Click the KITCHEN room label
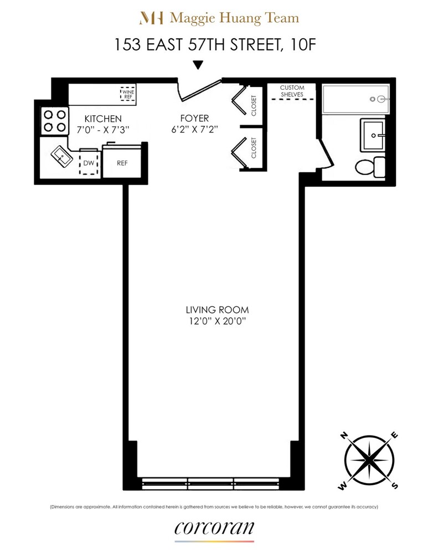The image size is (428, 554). (x=102, y=119)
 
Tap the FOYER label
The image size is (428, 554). (x=194, y=119)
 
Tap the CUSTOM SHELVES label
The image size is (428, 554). (x=292, y=91)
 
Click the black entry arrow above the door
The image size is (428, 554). (x=198, y=65)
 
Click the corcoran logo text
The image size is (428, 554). (x=214, y=527)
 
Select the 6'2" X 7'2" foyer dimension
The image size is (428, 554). (x=194, y=130)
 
